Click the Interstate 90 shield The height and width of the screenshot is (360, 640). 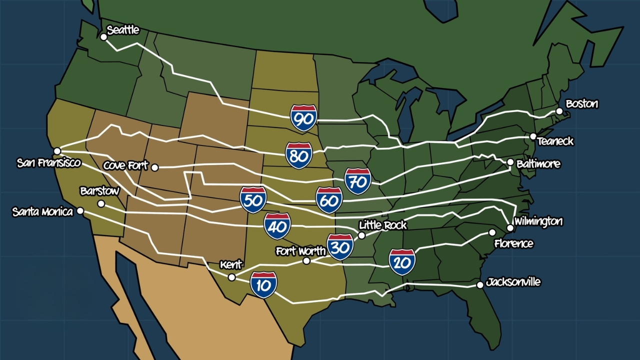pos(303,118)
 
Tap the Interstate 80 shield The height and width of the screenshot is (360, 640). pos(299,155)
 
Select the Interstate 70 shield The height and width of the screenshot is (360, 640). pos(358,181)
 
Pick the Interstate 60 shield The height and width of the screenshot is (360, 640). pos(329,200)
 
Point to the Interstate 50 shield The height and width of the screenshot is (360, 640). pos(253,199)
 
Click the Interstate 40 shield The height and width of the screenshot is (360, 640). pos(277,226)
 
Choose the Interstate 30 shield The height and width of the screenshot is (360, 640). pos(340,246)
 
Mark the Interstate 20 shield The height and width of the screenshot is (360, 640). pos(402,262)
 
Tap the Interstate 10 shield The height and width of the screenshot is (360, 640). pos(263,285)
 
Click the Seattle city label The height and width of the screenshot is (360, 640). pos(123,30)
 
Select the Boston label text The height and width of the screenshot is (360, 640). pos(581,104)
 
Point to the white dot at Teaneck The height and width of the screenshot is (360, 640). pos(533,136)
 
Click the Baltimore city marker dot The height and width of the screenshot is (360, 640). pos(510,162)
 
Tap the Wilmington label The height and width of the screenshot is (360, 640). pos(538,221)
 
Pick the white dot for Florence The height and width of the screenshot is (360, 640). pos(492,232)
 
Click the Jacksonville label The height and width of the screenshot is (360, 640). pos(513,282)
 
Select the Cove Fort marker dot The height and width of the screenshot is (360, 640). pos(155,167)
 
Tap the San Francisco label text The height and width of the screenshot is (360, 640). pos(48,163)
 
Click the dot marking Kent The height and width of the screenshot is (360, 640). pos(231,277)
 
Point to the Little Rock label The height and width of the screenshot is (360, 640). pos(382,225)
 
